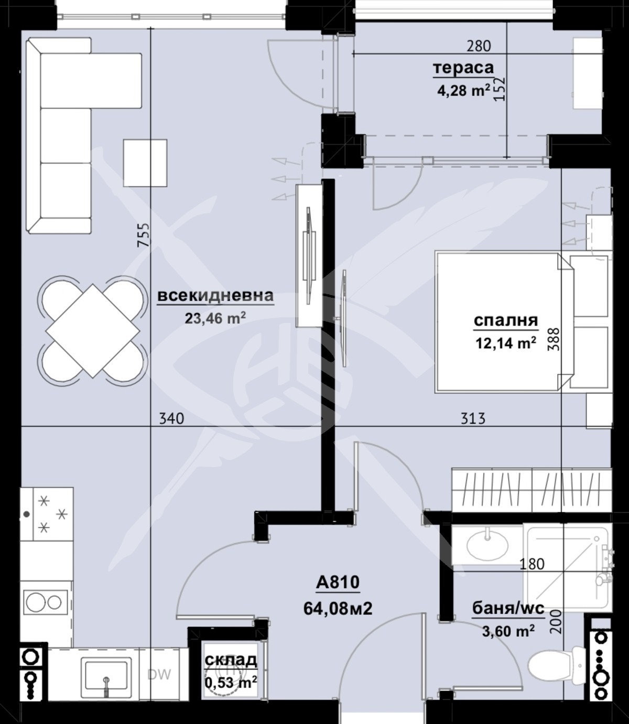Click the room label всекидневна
(215, 296)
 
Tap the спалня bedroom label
(505, 320)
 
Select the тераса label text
(463, 68)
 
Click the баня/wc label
(508, 608)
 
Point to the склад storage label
(231, 660)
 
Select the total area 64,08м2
(338, 608)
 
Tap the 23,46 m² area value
(215, 318)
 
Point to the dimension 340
(171, 418)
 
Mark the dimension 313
(473, 418)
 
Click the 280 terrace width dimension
(479, 46)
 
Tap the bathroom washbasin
(487, 545)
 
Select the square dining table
(93, 330)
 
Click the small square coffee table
(145, 163)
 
